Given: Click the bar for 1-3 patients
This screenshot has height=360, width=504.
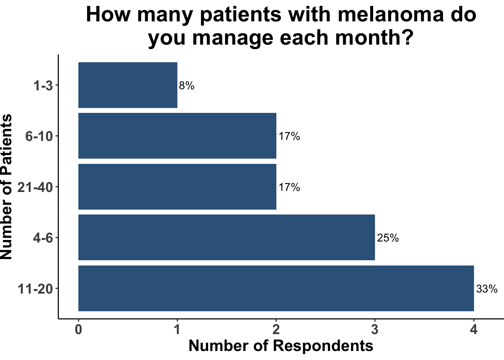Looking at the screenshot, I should tap(127, 85).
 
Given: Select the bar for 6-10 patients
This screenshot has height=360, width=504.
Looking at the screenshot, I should tap(177, 136).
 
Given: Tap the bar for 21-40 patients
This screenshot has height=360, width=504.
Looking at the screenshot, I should tap(177, 187).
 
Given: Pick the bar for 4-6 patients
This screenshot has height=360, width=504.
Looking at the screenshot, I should tap(226, 237).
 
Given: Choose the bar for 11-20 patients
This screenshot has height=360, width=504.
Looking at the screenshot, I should tap(276, 288).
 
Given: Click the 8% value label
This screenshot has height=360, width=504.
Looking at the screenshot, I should tap(187, 86).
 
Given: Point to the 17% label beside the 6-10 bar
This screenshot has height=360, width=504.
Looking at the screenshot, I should tap(289, 136).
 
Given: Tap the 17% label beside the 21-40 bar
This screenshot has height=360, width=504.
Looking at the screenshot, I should tap(289, 187).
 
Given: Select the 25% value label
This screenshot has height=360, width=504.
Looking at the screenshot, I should tap(388, 238).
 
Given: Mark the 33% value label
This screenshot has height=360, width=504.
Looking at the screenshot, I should tap(487, 289).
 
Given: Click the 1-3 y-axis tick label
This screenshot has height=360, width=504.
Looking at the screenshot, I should tap(43, 86).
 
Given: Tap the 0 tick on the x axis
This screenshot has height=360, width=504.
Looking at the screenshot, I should tap(78, 330).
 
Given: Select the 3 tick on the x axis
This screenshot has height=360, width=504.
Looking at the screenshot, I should tap(375, 330).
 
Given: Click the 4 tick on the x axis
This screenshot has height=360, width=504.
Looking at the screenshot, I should tap(474, 330).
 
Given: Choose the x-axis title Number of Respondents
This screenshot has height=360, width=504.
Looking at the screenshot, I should tap(281, 346).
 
